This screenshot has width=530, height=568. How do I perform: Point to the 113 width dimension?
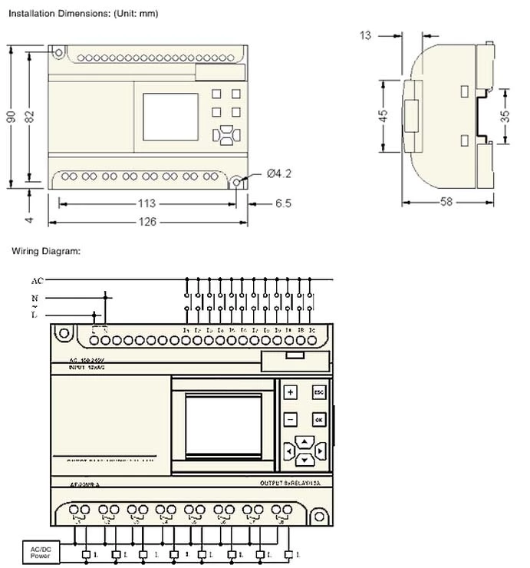(x=147, y=203)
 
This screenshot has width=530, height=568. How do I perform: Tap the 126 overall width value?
(x=147, y=222)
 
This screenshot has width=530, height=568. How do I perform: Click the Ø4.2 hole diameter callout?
(x=279, y=174)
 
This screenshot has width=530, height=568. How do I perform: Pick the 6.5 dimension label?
(x=283, y=203)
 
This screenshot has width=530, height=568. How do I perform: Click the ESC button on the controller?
(x=319, y=392)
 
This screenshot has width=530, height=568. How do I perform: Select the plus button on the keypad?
(x=291, y=392)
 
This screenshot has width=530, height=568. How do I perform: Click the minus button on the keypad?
(x=291, y=420)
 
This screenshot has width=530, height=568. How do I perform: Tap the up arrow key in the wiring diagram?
(x=305, y=441)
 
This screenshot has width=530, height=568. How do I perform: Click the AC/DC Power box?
(x=40, y=551)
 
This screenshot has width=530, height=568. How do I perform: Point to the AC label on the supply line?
(x=37, y=281)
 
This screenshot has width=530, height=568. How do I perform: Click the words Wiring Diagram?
(x=46, y=251)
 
